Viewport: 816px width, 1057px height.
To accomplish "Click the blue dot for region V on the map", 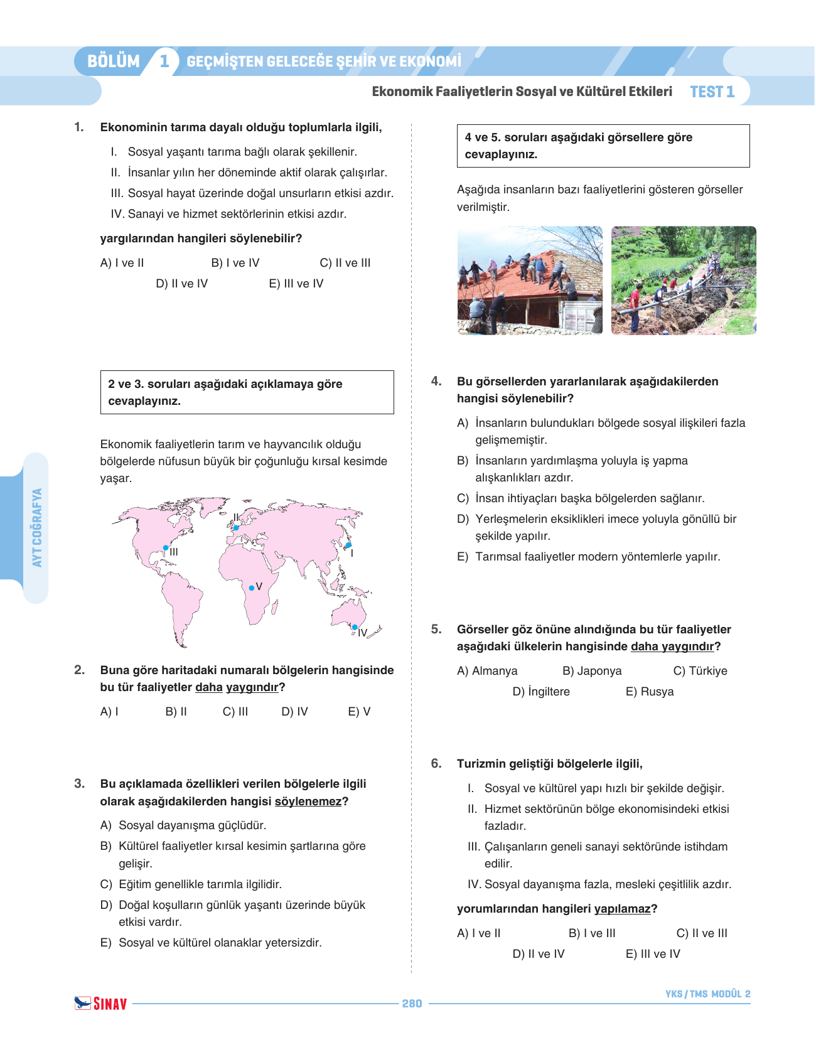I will [252, 588].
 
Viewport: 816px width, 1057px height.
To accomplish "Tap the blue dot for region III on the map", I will [166, 548].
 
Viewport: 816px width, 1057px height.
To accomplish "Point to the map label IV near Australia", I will [362, 633].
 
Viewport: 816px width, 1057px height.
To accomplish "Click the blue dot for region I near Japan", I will [348, 545].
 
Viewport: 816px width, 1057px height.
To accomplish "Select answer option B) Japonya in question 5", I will [592, 671].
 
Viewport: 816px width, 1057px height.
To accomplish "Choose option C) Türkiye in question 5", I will [700, 671].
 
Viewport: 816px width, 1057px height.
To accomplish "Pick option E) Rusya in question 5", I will [650, 692].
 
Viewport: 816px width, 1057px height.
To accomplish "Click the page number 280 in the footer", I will [412, 1004].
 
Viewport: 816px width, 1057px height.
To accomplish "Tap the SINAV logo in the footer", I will [101, 1004].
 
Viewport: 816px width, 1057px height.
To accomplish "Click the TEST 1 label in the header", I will [712, 92].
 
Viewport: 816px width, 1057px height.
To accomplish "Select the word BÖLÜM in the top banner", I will [114, 62].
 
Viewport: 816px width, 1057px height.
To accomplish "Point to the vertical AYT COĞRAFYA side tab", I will [37, 527].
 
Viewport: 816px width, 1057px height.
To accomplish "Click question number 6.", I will [436, 764].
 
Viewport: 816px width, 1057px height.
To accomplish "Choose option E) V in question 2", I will [359, 712].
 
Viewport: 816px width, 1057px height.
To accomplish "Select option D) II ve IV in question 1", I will [181, 284].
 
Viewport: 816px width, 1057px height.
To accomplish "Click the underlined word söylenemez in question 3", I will [308, 802].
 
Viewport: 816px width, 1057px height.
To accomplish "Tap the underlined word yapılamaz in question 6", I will [622, 909].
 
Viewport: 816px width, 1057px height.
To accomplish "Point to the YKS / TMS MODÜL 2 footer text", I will [707, 994].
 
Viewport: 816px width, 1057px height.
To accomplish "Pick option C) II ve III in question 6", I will [702, 933].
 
